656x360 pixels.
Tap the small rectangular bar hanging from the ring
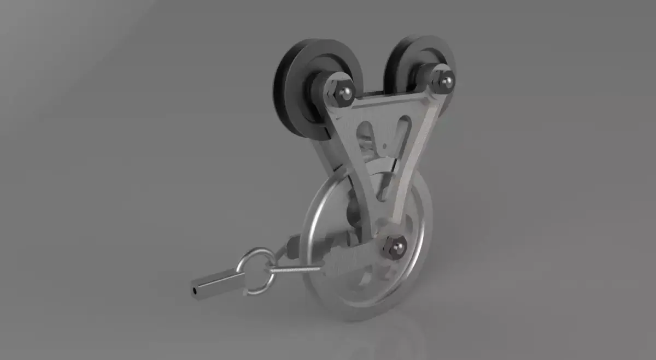[219, 283]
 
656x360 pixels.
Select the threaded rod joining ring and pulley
[295, 269]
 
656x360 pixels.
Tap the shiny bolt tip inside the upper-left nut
[345, 93]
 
